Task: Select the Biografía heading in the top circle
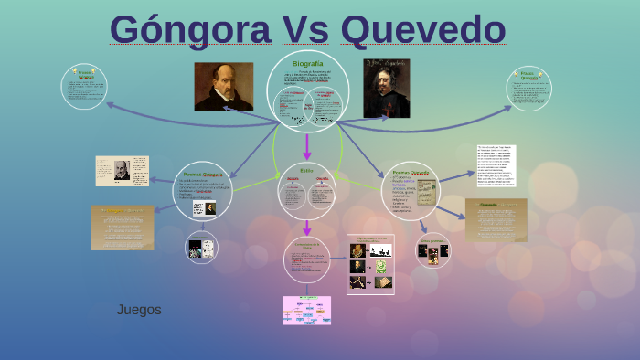tap(307, 63)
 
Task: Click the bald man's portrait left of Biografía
tap(223, 87)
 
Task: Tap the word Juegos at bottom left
tap(139, 310)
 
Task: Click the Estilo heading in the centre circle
tap(306, 170)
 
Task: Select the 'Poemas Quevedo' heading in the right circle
tap(410, 172)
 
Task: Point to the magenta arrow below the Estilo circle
tap(307, 227)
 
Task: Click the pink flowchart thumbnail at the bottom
tap(306, 311)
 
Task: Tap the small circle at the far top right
tap(528, 88)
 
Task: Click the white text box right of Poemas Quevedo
tap(496, 165)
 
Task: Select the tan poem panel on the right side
tap(496, 220)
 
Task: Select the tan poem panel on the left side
tap(123, 228)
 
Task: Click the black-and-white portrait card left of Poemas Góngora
tap(123, 171)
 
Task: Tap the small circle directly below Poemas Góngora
tap(201, 246)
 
